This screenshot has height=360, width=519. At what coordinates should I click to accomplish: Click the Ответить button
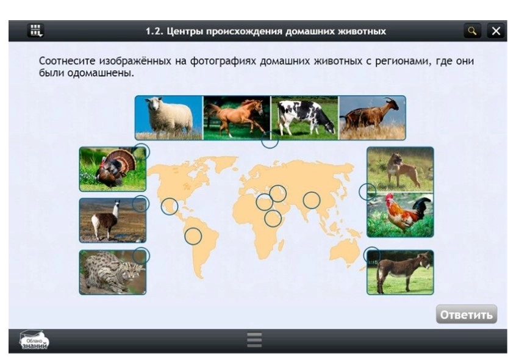coord(466,314)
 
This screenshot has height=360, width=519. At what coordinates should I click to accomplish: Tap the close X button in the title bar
coord(496,31)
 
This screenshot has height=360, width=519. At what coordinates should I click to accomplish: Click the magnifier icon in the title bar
coord(471,31)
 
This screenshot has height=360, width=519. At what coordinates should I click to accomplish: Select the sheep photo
coord(168,117)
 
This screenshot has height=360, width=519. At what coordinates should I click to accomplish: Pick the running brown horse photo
coord(237,117)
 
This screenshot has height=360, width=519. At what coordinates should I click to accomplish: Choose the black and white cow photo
coord(304,117)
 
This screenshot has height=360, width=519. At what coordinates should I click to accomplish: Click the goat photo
coord(372,117)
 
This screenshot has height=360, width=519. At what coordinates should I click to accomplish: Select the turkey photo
coord(112,169)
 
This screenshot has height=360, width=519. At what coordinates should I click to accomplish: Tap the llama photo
coord(112,220)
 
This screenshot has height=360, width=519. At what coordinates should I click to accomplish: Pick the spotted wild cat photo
coord(112,272)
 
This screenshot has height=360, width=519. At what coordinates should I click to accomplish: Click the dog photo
coord(400,169)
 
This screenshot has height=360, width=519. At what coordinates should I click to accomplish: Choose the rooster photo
coord(400,215)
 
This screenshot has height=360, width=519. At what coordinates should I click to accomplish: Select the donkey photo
coord(400,272)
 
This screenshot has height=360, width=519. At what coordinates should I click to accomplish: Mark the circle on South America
coord(193,236)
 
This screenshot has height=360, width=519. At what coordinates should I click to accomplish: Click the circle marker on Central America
coord(170,206)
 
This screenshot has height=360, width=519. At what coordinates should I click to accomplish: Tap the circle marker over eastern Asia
coord(312,200)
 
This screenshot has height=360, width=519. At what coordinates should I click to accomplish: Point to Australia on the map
coord(345,250)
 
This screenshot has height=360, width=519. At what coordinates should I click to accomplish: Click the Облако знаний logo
coord(34,340)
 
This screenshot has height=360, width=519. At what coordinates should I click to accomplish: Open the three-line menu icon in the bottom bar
coord(254,340)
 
